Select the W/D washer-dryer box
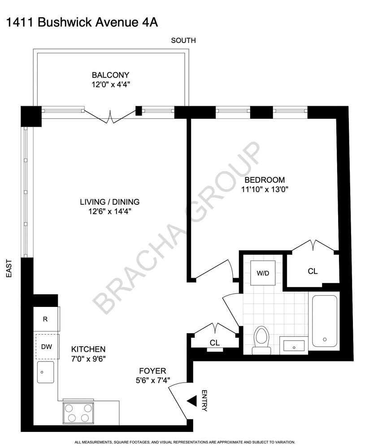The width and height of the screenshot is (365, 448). coord(263,273)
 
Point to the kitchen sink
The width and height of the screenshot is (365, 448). coord(46,372)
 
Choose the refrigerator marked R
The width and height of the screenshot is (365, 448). coord(45,319)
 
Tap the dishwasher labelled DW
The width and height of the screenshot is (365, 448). coord(45,346)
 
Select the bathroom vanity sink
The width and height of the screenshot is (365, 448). coord(294,345)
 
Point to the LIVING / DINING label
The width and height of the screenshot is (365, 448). coord(107,202)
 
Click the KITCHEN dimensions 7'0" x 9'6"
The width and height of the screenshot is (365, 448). coord(89,358)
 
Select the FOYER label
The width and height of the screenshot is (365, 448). coord(152,371)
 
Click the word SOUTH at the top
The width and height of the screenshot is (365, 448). coord(183,41)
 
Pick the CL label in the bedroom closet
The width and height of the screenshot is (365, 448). coord(313,271)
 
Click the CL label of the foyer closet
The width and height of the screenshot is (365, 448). coord(215,343)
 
